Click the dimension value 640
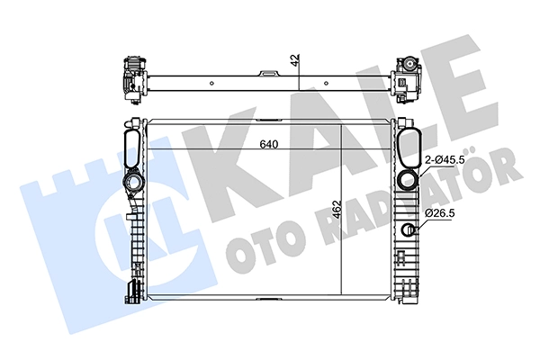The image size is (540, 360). coord(268,144)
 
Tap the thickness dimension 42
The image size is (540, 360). coord(295,60)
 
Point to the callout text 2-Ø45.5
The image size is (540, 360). coord(445,160)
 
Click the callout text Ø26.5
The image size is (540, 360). coord(440,213)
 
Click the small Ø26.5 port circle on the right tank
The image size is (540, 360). coord(409,229)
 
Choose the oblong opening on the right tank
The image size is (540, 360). coord(409,147)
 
